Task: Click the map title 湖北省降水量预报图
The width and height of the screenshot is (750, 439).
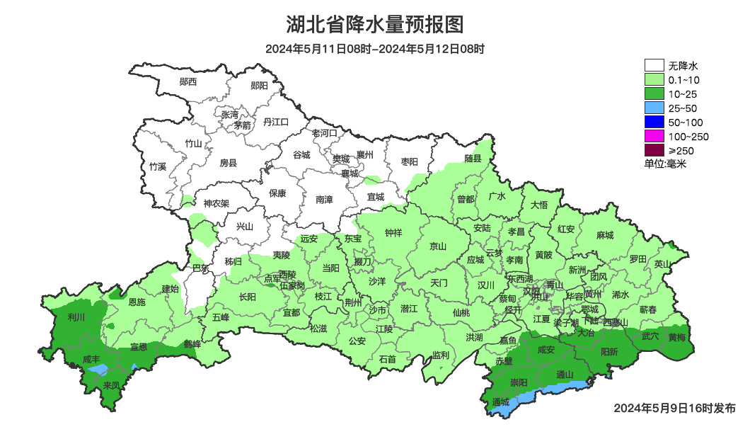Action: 375,25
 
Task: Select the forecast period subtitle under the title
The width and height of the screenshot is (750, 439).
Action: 375,49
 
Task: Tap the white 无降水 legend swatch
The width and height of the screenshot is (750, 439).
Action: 654,66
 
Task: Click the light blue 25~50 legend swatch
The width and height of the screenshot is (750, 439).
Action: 654,108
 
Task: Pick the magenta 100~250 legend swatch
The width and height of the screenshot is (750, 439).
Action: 654,136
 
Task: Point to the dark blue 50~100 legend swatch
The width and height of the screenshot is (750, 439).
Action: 654,122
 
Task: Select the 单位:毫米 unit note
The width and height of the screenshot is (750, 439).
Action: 665,164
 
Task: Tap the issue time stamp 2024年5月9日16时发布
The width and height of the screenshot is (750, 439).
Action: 674,409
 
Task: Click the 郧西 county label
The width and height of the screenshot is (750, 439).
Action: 188,81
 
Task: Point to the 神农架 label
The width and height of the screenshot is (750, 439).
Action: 216,203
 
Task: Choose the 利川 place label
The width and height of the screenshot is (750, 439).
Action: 76,317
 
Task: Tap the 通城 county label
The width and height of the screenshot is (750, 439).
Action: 500,402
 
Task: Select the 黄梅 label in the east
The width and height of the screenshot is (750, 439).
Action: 676,337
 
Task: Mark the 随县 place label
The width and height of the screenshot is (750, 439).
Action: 473,159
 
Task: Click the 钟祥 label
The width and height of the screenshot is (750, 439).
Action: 393,232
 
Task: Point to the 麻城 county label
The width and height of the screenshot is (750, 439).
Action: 605,235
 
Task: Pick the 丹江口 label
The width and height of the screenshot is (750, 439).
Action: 276,122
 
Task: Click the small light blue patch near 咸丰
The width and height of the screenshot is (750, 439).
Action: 100,369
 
